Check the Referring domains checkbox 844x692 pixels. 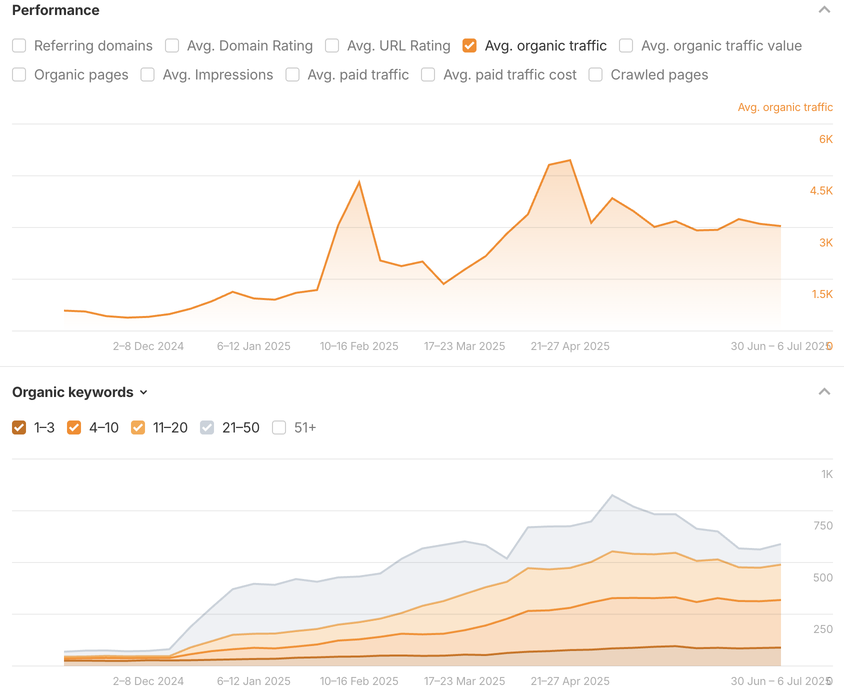(x=19, y=45)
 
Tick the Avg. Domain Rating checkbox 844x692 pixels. (x=172, y=45)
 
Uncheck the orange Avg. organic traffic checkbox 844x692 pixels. (x=469, y=45)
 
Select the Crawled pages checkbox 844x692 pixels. (x=595, y=74)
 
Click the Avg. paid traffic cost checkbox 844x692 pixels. (x=428, y=74)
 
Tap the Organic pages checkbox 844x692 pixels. (x=19, y=74)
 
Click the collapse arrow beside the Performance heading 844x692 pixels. (x=824, y=10)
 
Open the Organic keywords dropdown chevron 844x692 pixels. (x=144, y=392)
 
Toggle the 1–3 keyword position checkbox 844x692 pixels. (x=19, y=427)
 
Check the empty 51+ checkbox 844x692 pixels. (x=279, y=427)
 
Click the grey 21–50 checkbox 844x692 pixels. (x=207, y=427)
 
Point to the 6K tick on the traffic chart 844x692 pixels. (x=825, y=139)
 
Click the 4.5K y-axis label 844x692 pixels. (x=821, y=190)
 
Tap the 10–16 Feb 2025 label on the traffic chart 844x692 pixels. (x=359, y=346)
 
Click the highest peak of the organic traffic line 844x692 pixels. (x=570, y=160)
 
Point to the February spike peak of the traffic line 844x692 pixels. (x=359, y=182)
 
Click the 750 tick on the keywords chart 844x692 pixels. (x=822, y=525)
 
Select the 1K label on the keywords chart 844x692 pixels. (x=826, y=474)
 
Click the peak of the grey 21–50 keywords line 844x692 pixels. (x=612, y=495)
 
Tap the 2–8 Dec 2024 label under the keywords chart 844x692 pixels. (x=148, y=681)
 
